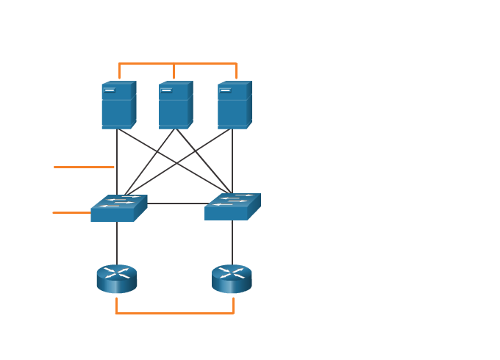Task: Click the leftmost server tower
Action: click(x=118, y=107)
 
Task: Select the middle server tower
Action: click(x=175, y=107)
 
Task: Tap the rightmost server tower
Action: click(x=234, y=107)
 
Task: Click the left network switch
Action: click(x=118, y=209)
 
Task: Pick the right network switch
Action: click(x=232, y=207)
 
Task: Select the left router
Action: click(x=117, y=279)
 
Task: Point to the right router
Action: click(x=232, y=279)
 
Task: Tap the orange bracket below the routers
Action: click(x=174, y=314)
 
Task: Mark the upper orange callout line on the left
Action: click(x=84, y=167)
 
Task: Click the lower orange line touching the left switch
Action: click(x=71, y=212)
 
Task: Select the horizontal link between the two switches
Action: click(x=176, y=204)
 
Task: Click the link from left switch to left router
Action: click(x=117, y=242)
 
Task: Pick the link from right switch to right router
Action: click(x=232, y=242)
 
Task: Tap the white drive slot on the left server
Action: click(x=110, y=90)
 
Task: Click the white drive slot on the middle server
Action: click(x=167, y=90)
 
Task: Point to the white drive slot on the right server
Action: click(x=225, y=90)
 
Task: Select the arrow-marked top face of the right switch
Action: click(x=233, y=200)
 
